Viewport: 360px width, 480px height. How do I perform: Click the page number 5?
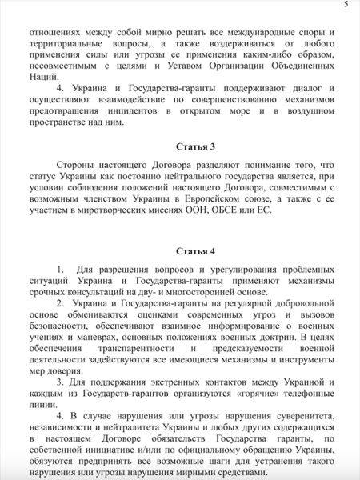[x=346, y=5]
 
